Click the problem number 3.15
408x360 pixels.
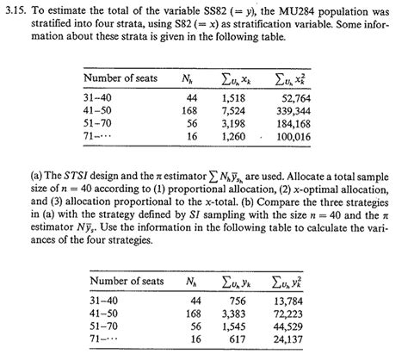(19, 10)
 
